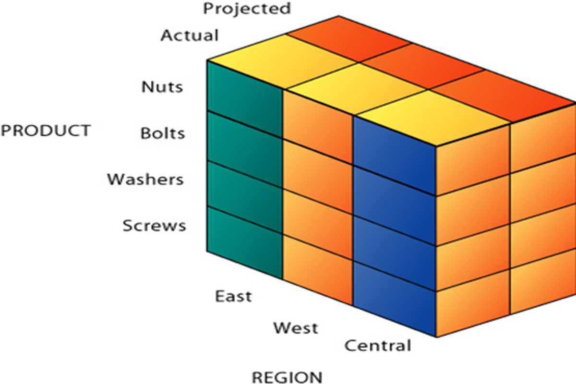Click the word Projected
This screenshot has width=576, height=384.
click(247, 8)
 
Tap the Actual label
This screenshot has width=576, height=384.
click(190, 36)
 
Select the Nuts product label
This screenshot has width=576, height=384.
click(162, 87)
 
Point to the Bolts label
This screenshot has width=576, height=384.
click(163, 133)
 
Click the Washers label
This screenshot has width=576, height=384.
click(145, 180)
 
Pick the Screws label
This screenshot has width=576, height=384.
click(154, 225)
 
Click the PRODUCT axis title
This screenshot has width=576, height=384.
click(46, 131)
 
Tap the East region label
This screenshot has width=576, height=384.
click(233, 296)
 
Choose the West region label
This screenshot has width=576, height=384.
click(296, 328)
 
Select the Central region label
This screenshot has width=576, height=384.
click(378, 345)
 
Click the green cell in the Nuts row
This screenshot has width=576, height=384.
click(245, 98)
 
